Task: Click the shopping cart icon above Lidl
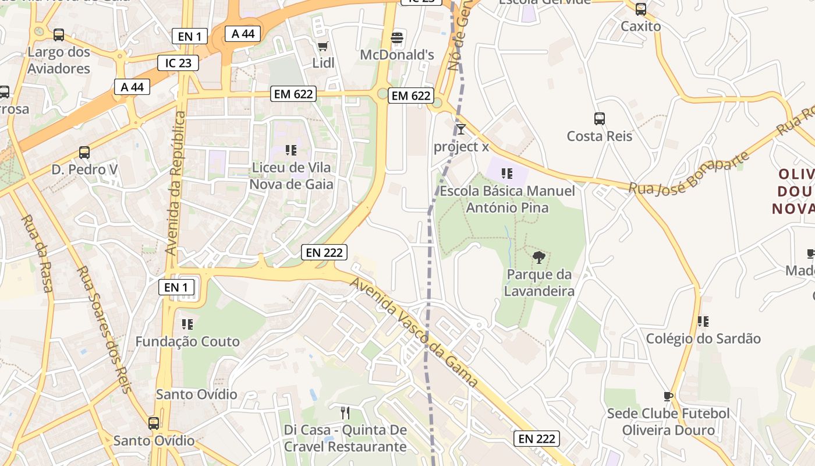323,46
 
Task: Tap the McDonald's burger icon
397,38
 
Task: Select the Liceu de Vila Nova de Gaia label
291,176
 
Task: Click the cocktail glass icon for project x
461,129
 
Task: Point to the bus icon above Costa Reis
600,119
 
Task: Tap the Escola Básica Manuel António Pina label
507,199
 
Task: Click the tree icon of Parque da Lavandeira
539,257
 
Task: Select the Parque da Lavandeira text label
539,283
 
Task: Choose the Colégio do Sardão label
703,338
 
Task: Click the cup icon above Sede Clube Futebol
668,397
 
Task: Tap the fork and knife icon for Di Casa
345,413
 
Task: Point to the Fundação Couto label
187,341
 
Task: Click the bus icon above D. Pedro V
84,153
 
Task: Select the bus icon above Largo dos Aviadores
59,35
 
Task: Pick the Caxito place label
640,26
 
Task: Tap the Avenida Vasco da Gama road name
413,332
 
